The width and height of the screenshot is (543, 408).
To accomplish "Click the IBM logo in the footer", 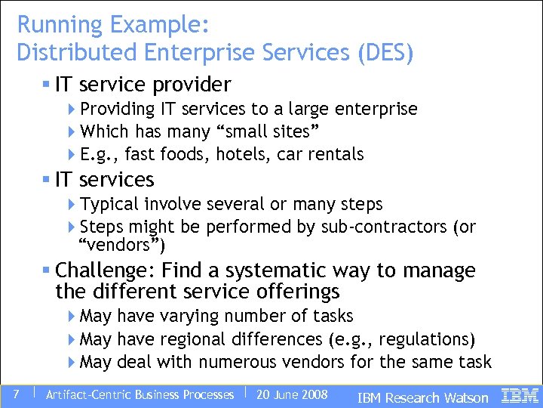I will [520, 395].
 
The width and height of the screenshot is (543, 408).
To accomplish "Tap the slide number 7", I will [16, 394].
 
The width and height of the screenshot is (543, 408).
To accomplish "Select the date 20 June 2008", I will [292, 394].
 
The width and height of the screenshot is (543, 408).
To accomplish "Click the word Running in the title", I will [60, 25].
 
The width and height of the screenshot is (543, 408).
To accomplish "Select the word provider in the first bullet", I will [195, 84].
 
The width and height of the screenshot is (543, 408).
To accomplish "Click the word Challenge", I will [105, 270].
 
